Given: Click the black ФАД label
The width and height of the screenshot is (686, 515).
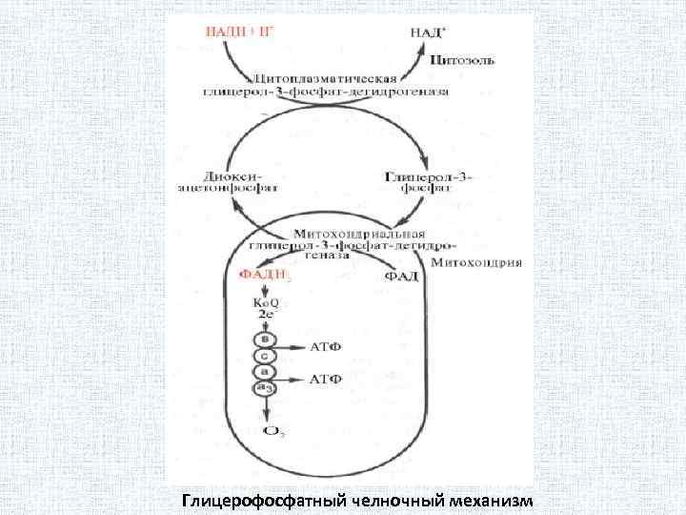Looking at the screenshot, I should (401, 276).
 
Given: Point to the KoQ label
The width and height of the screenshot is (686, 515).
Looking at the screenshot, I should (264, 303).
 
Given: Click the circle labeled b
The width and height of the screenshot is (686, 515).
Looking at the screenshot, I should (264, 339).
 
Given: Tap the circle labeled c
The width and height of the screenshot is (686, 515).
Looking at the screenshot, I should (264, 355).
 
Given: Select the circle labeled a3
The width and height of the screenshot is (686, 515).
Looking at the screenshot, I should (264, 388).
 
